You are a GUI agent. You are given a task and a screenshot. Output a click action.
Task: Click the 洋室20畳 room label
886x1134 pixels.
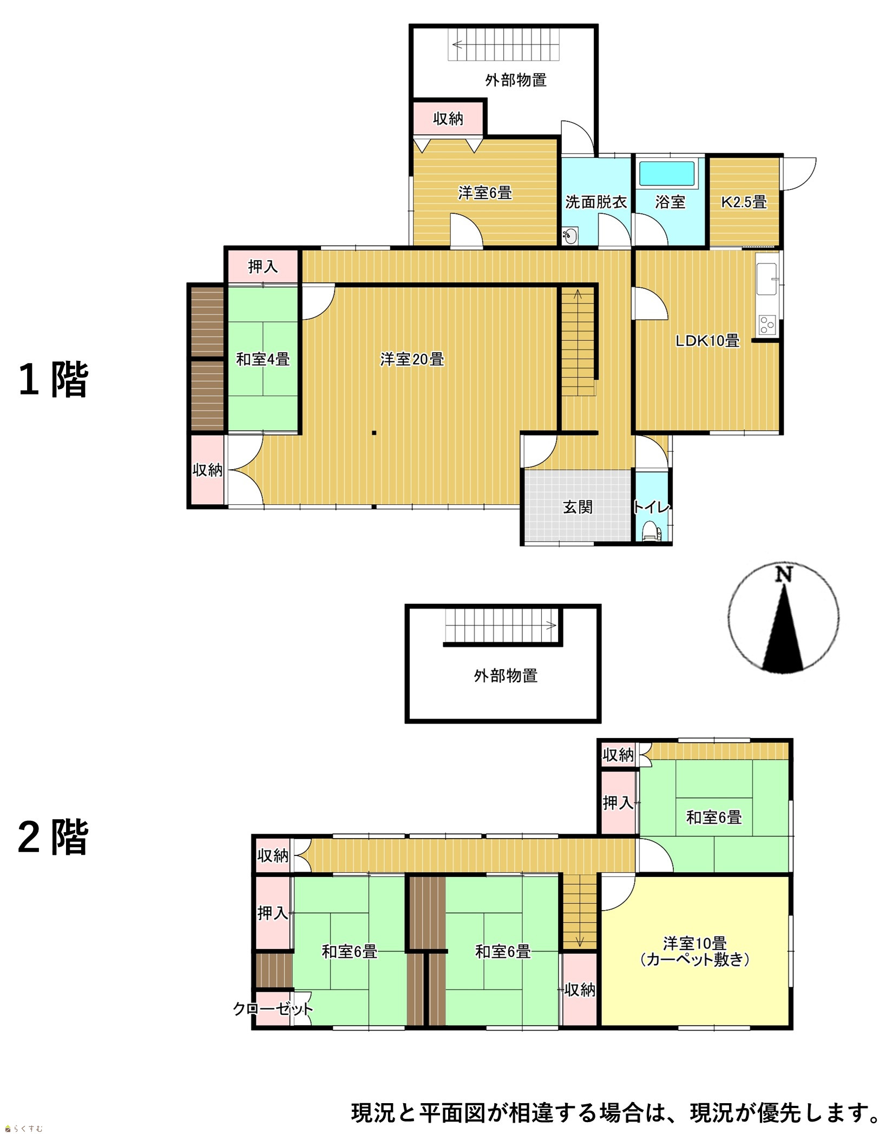(412, 359)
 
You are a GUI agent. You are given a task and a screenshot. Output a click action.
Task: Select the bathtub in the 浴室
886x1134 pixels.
(666, 174)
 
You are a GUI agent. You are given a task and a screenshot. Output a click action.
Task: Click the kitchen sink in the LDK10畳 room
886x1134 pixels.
(766, 279)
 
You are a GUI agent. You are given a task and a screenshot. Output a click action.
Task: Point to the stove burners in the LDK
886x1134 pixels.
(767, 325)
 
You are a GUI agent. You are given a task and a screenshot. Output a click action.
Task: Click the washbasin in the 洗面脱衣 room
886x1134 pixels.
(569, 235)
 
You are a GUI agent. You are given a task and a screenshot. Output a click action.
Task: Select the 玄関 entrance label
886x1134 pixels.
(577, 507)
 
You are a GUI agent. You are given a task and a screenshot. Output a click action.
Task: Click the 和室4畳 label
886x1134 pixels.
(262, 359)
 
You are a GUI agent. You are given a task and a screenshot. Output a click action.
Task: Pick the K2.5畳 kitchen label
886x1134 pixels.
(744, 202)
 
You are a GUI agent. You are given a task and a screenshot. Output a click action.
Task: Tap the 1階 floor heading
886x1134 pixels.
(53, 379)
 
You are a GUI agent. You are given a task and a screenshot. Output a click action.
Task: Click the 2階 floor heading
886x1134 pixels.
(53, 837)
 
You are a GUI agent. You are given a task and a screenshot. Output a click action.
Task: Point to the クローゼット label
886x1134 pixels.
(273, 1008)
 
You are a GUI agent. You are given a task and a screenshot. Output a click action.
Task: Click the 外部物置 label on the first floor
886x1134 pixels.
(515, 80)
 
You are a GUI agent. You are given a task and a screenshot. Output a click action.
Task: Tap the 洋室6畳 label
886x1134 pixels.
(484, 193)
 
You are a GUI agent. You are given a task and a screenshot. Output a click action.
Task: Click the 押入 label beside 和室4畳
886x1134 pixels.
(262, 266)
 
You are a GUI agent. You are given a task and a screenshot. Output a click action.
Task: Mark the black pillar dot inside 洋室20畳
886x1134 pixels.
(373, 433)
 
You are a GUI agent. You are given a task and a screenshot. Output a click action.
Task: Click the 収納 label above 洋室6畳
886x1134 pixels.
(448, 118)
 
